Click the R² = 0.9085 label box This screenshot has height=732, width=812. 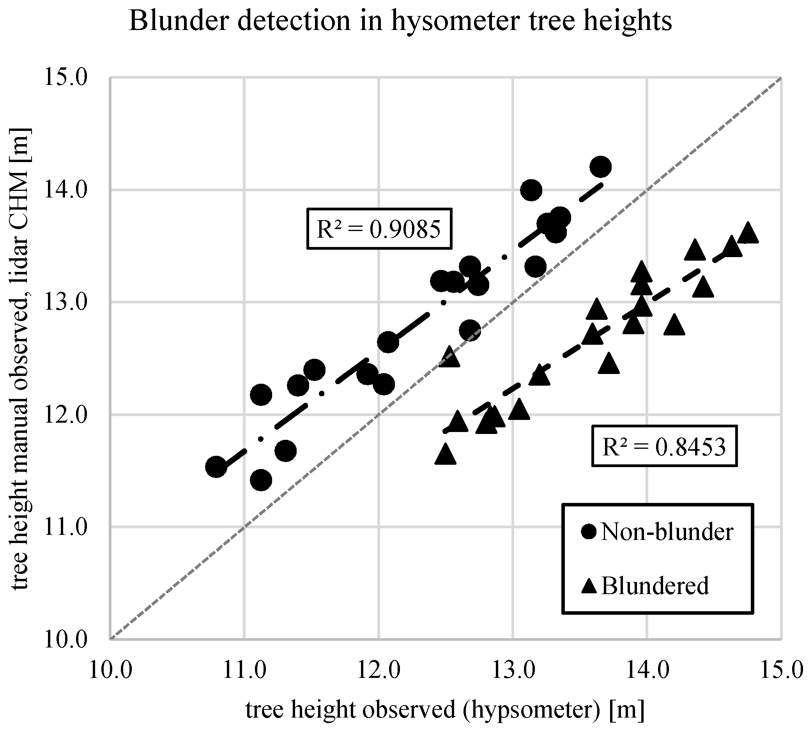click(x=379, y=229)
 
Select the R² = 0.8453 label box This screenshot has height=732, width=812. click(x=664, y=446)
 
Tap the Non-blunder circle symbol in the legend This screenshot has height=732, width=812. click(x=589, y=532)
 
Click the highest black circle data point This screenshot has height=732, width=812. click(x=600, y=166)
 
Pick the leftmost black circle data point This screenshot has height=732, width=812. click(x=216, y=467)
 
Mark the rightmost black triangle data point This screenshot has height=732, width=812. click(x=748, y=233)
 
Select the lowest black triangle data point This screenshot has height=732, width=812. click(x=445, y=455)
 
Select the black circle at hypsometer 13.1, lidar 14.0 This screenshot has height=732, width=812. click(x=531, y=190)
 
